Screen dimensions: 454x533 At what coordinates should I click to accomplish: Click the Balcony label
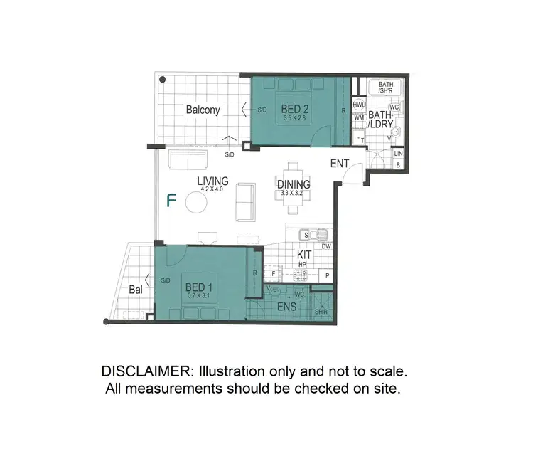(x=203, y=110)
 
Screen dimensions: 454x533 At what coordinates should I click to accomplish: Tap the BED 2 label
(x=295, y=109)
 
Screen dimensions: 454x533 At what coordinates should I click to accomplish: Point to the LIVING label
(x=212, y=181)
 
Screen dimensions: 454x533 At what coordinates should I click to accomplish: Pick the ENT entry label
(x=340, y=164)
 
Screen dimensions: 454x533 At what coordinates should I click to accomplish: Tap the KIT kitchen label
(x=305, y=253)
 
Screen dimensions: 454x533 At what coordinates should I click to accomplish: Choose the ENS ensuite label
(x=286, y=308)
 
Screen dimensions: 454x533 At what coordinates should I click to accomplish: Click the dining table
(x=292, y=188)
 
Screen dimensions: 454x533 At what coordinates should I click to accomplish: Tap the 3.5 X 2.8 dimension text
(x=295, y=118)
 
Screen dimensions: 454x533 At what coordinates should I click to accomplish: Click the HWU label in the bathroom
(x=359, y=105)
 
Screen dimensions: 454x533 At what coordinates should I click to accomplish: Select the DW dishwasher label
(x=326, y=246)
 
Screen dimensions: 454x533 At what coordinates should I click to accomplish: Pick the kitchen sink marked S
(x=306, y=234)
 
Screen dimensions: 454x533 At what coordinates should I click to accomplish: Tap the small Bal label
(x=136, y=290)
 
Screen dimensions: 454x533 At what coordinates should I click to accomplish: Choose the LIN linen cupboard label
(x=398, y=154)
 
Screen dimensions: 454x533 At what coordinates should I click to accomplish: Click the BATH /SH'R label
(x=386, y=88)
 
